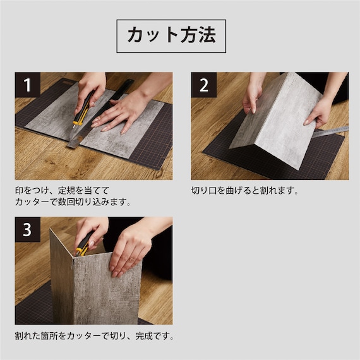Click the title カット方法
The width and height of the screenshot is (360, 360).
171,35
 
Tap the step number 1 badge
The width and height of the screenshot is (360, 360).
28,85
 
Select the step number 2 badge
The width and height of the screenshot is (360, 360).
204,85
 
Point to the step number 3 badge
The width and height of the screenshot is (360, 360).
28,229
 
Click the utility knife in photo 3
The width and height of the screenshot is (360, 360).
84,244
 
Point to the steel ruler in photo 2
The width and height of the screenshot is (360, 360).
330,132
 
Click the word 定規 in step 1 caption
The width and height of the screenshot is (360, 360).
66,190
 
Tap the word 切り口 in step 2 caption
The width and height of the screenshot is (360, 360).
204,190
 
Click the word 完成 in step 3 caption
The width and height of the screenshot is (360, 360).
144,336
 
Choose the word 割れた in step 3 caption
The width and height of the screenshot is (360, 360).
28,336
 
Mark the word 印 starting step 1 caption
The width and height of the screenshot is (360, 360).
20,190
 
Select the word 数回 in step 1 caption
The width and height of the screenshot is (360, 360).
66,202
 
